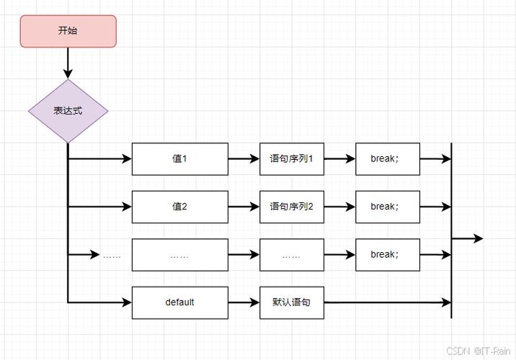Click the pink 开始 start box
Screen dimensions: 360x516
coord(68,31)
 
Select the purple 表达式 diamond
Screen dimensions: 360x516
coord(68,112)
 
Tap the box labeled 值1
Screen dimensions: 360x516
coord(179,158)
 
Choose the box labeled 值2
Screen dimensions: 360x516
coord(179,207)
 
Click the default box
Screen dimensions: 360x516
coord(179,302)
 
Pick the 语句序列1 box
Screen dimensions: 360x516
coord(292,158)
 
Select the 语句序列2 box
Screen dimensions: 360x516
coord(292,207)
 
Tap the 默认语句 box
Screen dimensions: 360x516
coord(292,302)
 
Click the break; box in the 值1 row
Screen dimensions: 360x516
coord(388,158)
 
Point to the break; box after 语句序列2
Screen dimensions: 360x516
coord(388,207)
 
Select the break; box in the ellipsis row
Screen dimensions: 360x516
coord(388,254)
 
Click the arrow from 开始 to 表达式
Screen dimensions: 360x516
coord(68,63)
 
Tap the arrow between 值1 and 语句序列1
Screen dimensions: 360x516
coord(244,158)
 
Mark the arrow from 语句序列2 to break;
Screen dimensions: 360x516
coord(339,207)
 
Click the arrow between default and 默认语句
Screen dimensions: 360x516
coord(244,302)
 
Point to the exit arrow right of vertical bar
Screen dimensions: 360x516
coord(467,238)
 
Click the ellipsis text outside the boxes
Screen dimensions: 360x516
coord(112,255)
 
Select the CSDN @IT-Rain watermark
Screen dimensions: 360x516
coord(478,351)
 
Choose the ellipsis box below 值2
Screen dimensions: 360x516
coord(179,255)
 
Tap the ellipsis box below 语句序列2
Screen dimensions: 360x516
coord(292,255)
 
